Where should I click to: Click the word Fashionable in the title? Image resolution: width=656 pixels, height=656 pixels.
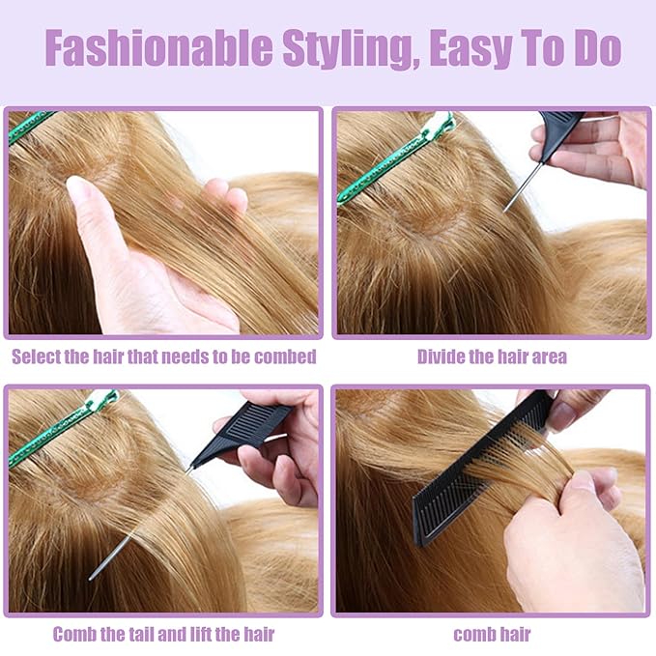pyautogui.click(x=159, y=47)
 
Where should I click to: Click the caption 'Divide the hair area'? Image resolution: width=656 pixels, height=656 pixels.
pyautogui.click(x=492, y=357)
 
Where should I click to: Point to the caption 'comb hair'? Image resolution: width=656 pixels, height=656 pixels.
pyautogui.click(x=492, y=634)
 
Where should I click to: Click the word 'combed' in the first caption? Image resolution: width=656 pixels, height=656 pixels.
pyautogui.click(x=285, y=357)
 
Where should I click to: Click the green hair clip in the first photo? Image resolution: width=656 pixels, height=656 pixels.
pyautogui.click(x=30, y=126)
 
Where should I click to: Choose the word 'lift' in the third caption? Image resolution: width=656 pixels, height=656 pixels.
pyautogui.click(x=201, y=634)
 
